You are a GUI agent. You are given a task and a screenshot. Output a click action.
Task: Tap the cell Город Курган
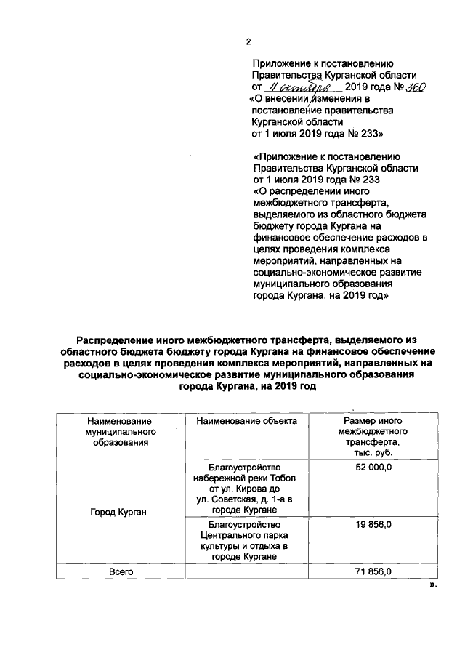click(119, 513)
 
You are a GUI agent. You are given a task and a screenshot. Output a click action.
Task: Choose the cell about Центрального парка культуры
click(246, 540)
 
